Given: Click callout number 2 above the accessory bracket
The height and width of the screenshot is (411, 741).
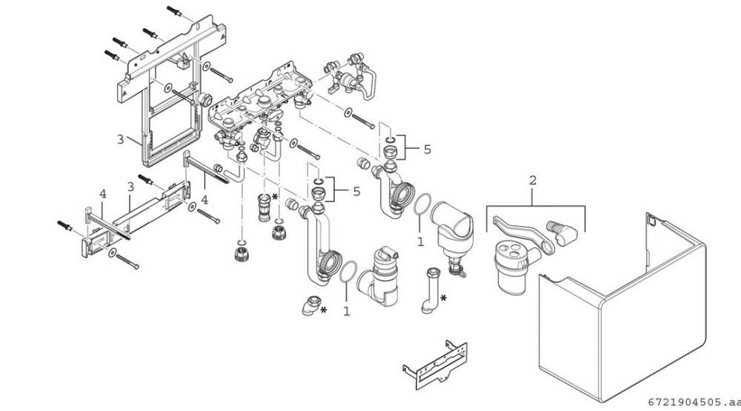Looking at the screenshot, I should tap(532, 180).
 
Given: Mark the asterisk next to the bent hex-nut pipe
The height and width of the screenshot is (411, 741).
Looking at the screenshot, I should tap(443, 298).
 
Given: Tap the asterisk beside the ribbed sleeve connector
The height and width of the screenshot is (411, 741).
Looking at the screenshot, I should tap(275, 196).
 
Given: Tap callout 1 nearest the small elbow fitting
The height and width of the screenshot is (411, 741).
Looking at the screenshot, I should tap(346, 312).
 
